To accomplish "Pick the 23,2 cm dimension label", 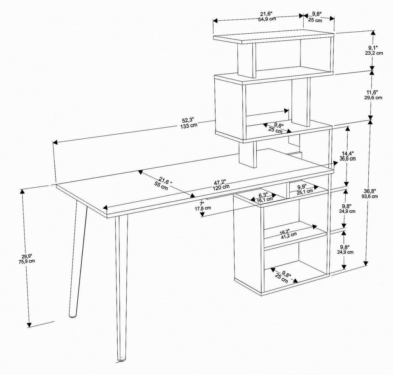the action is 374,53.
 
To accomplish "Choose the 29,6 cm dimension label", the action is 373,98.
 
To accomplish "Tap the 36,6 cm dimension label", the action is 347,158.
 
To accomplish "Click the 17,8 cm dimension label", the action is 203,208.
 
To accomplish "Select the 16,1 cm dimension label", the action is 265,200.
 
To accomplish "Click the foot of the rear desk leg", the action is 73,315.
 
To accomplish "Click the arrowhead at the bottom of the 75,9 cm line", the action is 29,325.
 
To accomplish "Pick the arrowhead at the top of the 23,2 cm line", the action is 373,33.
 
